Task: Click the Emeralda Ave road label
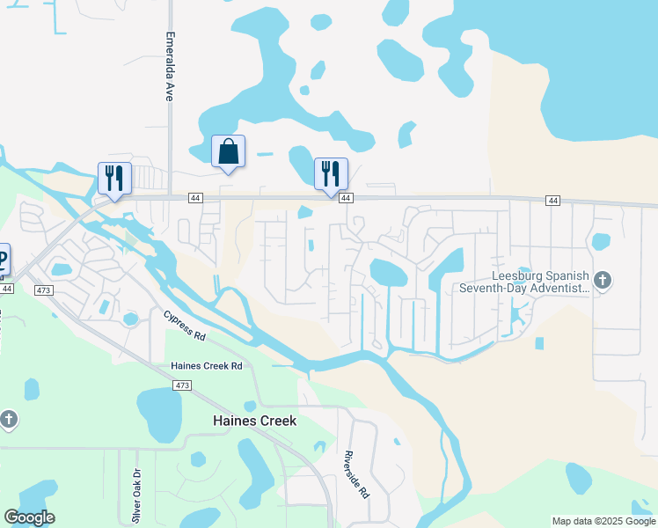(170, 68)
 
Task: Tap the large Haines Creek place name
(255, 421)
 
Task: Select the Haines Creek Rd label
(206, 365)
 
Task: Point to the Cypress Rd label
(184, 324)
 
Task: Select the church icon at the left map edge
(8, 419)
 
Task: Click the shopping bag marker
(229, 151)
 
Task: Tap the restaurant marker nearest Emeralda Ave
(114, 178)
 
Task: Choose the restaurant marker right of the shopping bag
(331, 173)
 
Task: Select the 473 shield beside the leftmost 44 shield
(41, 290)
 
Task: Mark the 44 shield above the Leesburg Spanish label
(552, 201)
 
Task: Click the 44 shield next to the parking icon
(7, 288)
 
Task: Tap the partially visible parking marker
(4, 260)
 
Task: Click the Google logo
(29, 517)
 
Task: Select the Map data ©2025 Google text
(603, 521)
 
